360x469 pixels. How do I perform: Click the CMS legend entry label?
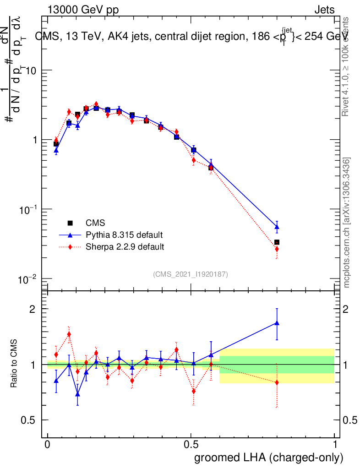click(95, 223)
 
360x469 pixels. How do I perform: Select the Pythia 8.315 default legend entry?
click(124, 235)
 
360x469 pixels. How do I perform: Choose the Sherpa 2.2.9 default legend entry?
click(125, 247)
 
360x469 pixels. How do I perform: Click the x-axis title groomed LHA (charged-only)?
click(269, 458)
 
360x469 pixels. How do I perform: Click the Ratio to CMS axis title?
click(15, 365)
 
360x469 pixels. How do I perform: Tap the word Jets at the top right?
click(324, 10)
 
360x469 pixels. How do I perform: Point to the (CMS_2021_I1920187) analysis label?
click(191, 274)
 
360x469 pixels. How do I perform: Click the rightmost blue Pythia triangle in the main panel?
click(277, 226)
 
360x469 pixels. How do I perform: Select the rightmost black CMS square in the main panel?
click(277, 242)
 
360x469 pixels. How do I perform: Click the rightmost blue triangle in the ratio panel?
click(277, 323)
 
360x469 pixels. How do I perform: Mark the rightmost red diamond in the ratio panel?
click(277, 382)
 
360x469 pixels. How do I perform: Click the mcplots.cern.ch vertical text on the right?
click(347, 223)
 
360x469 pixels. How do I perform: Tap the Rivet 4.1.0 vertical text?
click(347, 67)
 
